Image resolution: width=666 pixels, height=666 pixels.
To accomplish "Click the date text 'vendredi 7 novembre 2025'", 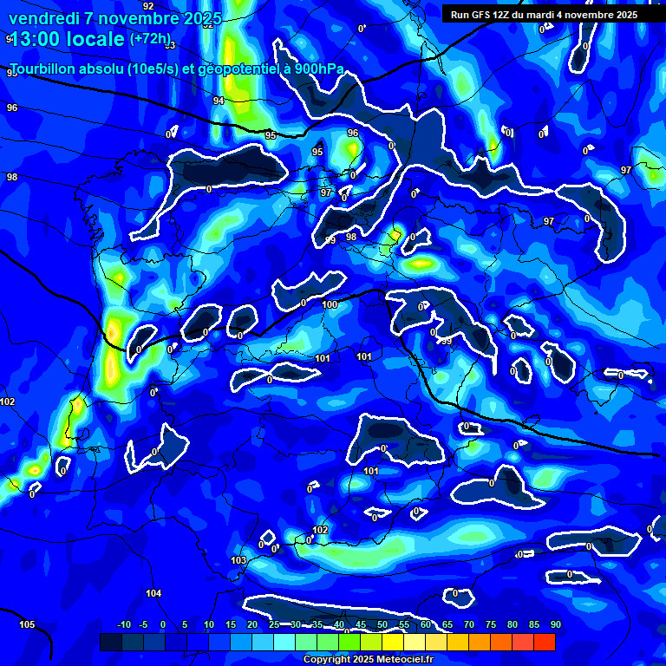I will tap(114, 18).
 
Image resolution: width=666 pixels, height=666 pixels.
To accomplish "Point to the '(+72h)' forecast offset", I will tap(150, 38).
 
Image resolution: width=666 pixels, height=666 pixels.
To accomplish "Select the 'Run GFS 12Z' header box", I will tap(544, 15).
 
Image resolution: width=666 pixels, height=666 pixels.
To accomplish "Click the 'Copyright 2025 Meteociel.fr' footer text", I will tap(368, 659).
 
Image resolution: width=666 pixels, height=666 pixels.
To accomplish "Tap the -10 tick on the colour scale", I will tap(123, 625).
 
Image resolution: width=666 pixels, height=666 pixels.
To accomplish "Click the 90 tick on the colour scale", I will tap(556, 625).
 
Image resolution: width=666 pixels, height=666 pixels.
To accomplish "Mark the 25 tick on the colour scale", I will tap(274, 625).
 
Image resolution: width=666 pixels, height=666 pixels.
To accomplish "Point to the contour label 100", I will tap(330, 304).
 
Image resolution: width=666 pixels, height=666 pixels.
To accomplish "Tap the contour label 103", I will tap(239, 561).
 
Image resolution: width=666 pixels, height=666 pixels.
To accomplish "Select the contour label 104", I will tap(153, 593).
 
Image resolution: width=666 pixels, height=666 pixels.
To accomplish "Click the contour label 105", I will tap(27, 624).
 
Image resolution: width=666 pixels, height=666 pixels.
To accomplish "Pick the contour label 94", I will tap(219, 101).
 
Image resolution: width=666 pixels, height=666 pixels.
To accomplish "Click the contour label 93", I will tap(170, 45).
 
